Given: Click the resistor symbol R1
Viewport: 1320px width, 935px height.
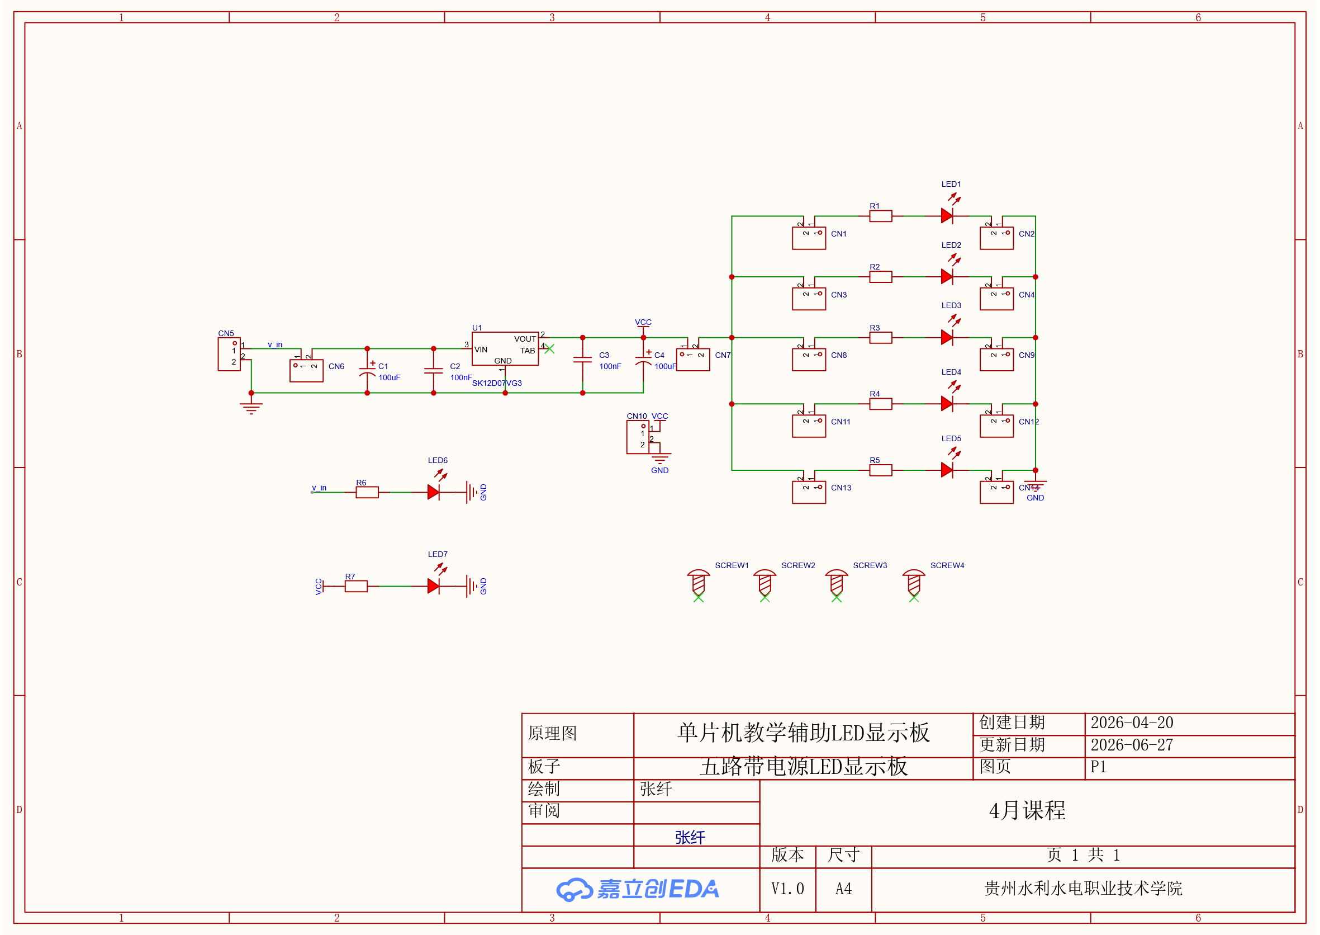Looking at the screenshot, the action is point(880,216).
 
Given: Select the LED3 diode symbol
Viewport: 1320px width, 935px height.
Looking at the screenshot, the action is point(947,337).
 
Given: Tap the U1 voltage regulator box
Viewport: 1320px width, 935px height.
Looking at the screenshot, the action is point(505,348).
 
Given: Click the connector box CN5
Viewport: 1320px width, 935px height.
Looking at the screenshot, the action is point(229,354).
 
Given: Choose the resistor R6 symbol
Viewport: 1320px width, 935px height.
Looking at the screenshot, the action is point(367,492).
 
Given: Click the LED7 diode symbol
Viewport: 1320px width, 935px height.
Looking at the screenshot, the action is point(433,586).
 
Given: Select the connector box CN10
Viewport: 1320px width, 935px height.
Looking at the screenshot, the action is point(638,437).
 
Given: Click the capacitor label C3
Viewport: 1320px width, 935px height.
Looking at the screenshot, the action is point(604,355).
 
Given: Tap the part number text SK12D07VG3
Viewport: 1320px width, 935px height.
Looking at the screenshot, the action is point(497,383).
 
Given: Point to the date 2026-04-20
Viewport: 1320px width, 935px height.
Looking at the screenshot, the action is point(1132,722).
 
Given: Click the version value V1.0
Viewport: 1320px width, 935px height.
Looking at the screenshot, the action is point(788,889).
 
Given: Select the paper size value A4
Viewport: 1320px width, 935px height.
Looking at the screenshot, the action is point(843,889).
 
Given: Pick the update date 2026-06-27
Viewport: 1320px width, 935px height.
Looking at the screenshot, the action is point(1132,745).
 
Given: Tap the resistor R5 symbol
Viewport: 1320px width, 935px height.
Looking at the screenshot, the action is point(880,470).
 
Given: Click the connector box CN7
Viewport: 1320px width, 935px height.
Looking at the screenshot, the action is point(693,360).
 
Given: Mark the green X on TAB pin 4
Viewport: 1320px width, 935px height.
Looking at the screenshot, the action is point(549,349).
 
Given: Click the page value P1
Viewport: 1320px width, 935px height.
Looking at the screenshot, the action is point(1099,767).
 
